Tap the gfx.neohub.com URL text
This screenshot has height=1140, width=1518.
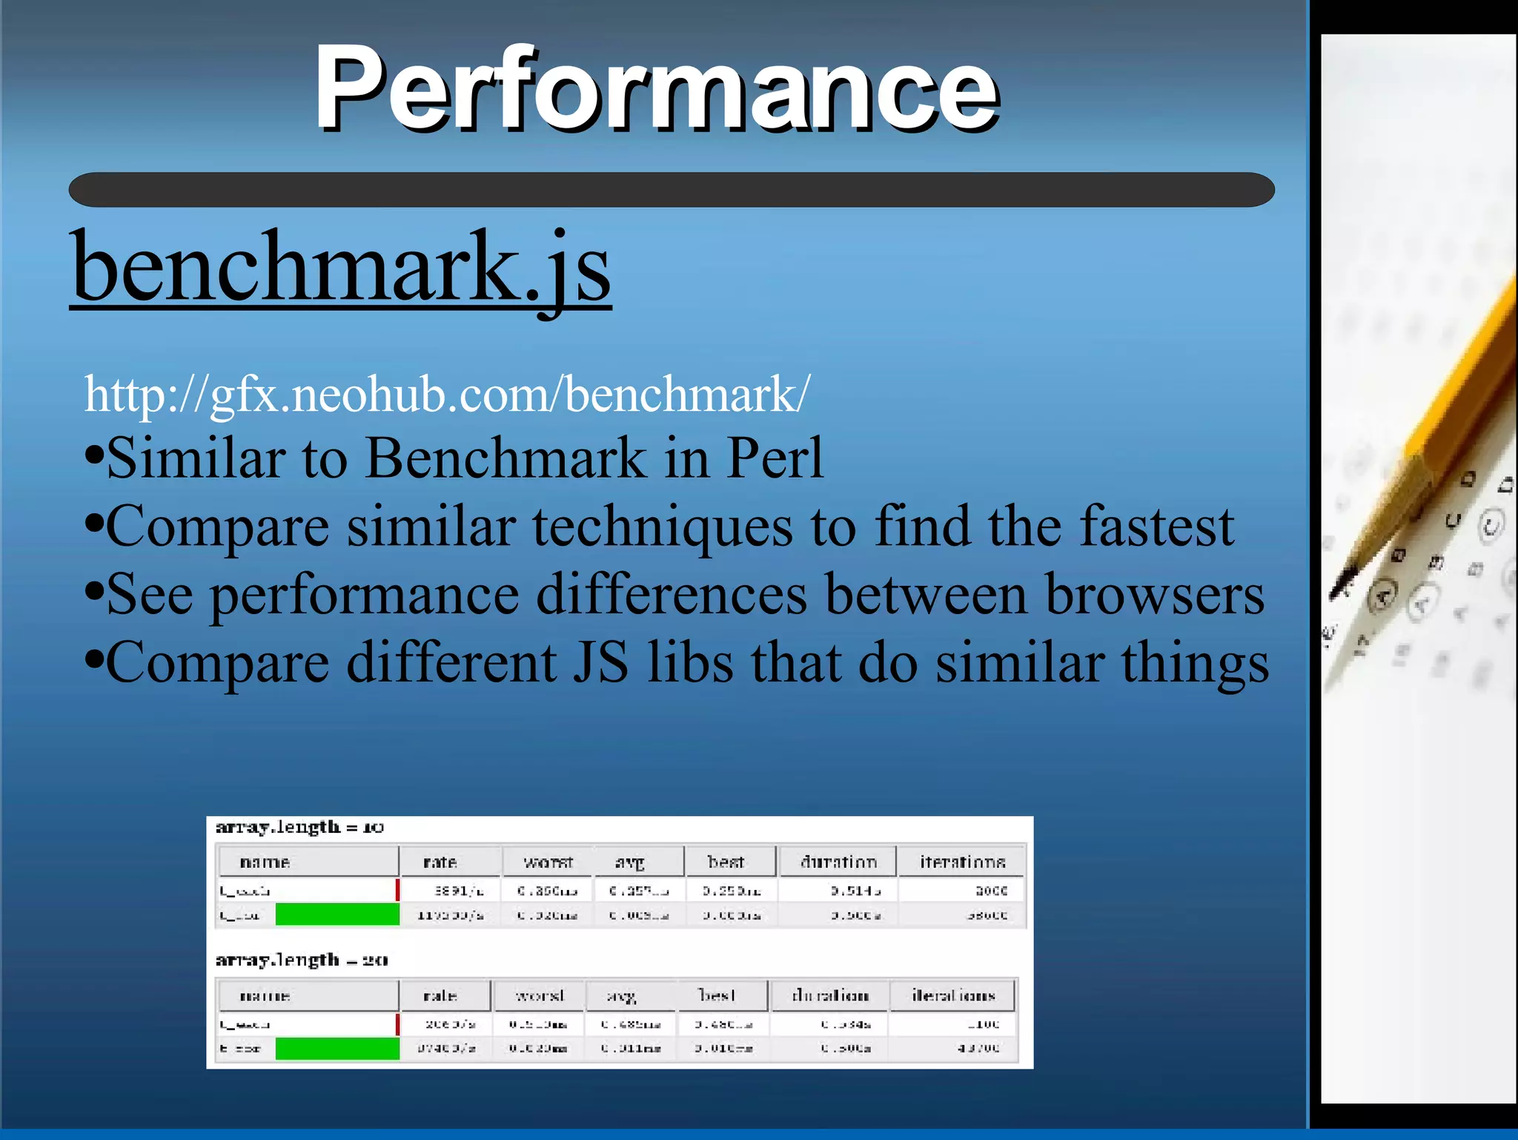pos(447,394)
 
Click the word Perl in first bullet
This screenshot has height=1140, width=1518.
pos(775,458)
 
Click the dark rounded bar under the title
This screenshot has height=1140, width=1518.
pos(671,190)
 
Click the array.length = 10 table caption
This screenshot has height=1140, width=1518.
pos(299,827)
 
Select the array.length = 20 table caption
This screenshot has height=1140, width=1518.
pos(301,960)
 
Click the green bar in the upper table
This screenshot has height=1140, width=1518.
pos(337,914)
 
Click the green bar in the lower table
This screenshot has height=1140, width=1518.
pos(337,1048)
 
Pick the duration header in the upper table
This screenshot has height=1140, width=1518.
pos(838,862)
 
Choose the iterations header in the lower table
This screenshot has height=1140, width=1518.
pos(953,995)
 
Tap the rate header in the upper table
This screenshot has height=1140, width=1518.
pos(440,862)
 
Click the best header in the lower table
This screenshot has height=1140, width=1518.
pos(717,995)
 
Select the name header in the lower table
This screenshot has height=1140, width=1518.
pos(265,995)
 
